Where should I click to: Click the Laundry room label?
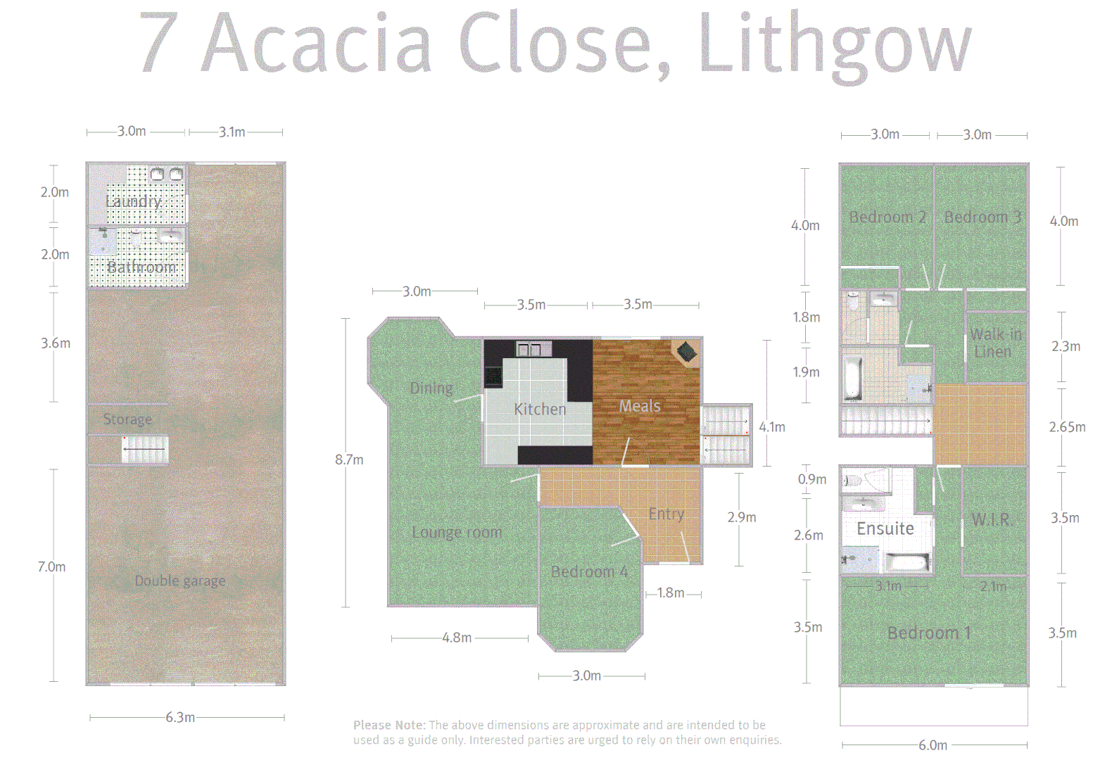[x=134, y=201]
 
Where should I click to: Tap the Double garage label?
[x=180, y=581]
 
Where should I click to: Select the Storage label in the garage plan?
[x=127, y=419]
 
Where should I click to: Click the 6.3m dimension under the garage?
[x=180, y=717]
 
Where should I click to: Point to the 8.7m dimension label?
[x=349, y=460]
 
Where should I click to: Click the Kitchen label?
[x=540, y=409]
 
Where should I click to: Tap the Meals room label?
[x=640, y=406]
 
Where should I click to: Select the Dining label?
[x=431, y=388]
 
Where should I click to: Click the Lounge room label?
[x=457, y=532]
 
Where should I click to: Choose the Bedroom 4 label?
[x=590, y=571]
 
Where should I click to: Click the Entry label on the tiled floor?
[x=666, y=514]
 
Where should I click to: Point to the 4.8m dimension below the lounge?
[x=457, y=638]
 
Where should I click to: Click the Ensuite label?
[x=885, y=528]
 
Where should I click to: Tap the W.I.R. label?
[x=992, y=519]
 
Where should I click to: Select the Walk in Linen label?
[x=995, y=343]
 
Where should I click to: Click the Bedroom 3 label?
[x=983, y=217]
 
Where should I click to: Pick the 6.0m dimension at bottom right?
[x=933, y=745]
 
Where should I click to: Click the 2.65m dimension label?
[x=1067, y=427]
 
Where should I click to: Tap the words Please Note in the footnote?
[x=388, y=725]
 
